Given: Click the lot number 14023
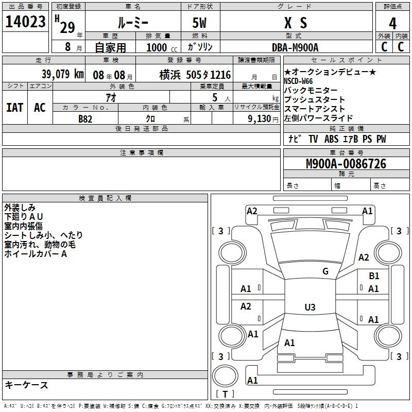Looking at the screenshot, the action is click(x=25, y=22).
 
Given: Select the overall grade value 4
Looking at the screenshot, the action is click(x=392, y=24).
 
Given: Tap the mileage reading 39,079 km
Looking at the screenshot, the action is click(x=62, y=74).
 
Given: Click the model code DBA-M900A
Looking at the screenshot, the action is click(x=295, y=47).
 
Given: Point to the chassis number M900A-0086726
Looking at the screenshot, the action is click(x=346, y=164).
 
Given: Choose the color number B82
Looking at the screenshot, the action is click(x=85, y=119).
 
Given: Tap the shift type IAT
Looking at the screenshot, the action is click(x=15, y=108).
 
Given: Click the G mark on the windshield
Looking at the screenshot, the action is click(x=325, y=271).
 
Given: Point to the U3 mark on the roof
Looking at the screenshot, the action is click(x=310, y=307).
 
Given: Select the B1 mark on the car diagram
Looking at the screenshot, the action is click(x=374, y=276).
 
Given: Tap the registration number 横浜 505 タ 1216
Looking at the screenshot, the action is click(x=195, y=75).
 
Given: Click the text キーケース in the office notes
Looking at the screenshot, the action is click(x=27, y=385).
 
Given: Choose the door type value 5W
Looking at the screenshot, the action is click(x=199, y=23).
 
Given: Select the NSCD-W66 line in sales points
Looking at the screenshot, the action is click(x=298, y=81).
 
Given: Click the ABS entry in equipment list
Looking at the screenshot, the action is click(x=331, y=139).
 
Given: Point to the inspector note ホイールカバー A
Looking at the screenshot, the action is click(x=36, y=254).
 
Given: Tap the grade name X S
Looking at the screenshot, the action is click(x=296, y=23).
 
